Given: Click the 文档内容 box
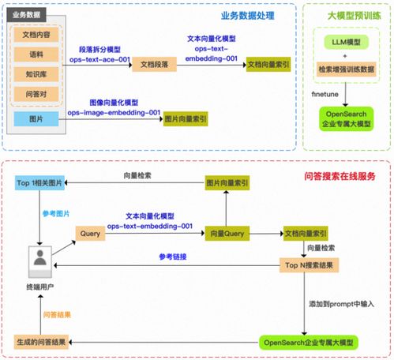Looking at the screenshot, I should point(36,36).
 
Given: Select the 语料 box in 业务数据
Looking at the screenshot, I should point(36,55).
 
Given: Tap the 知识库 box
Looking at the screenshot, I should point(36,75).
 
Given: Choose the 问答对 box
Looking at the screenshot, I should point(36,96).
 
